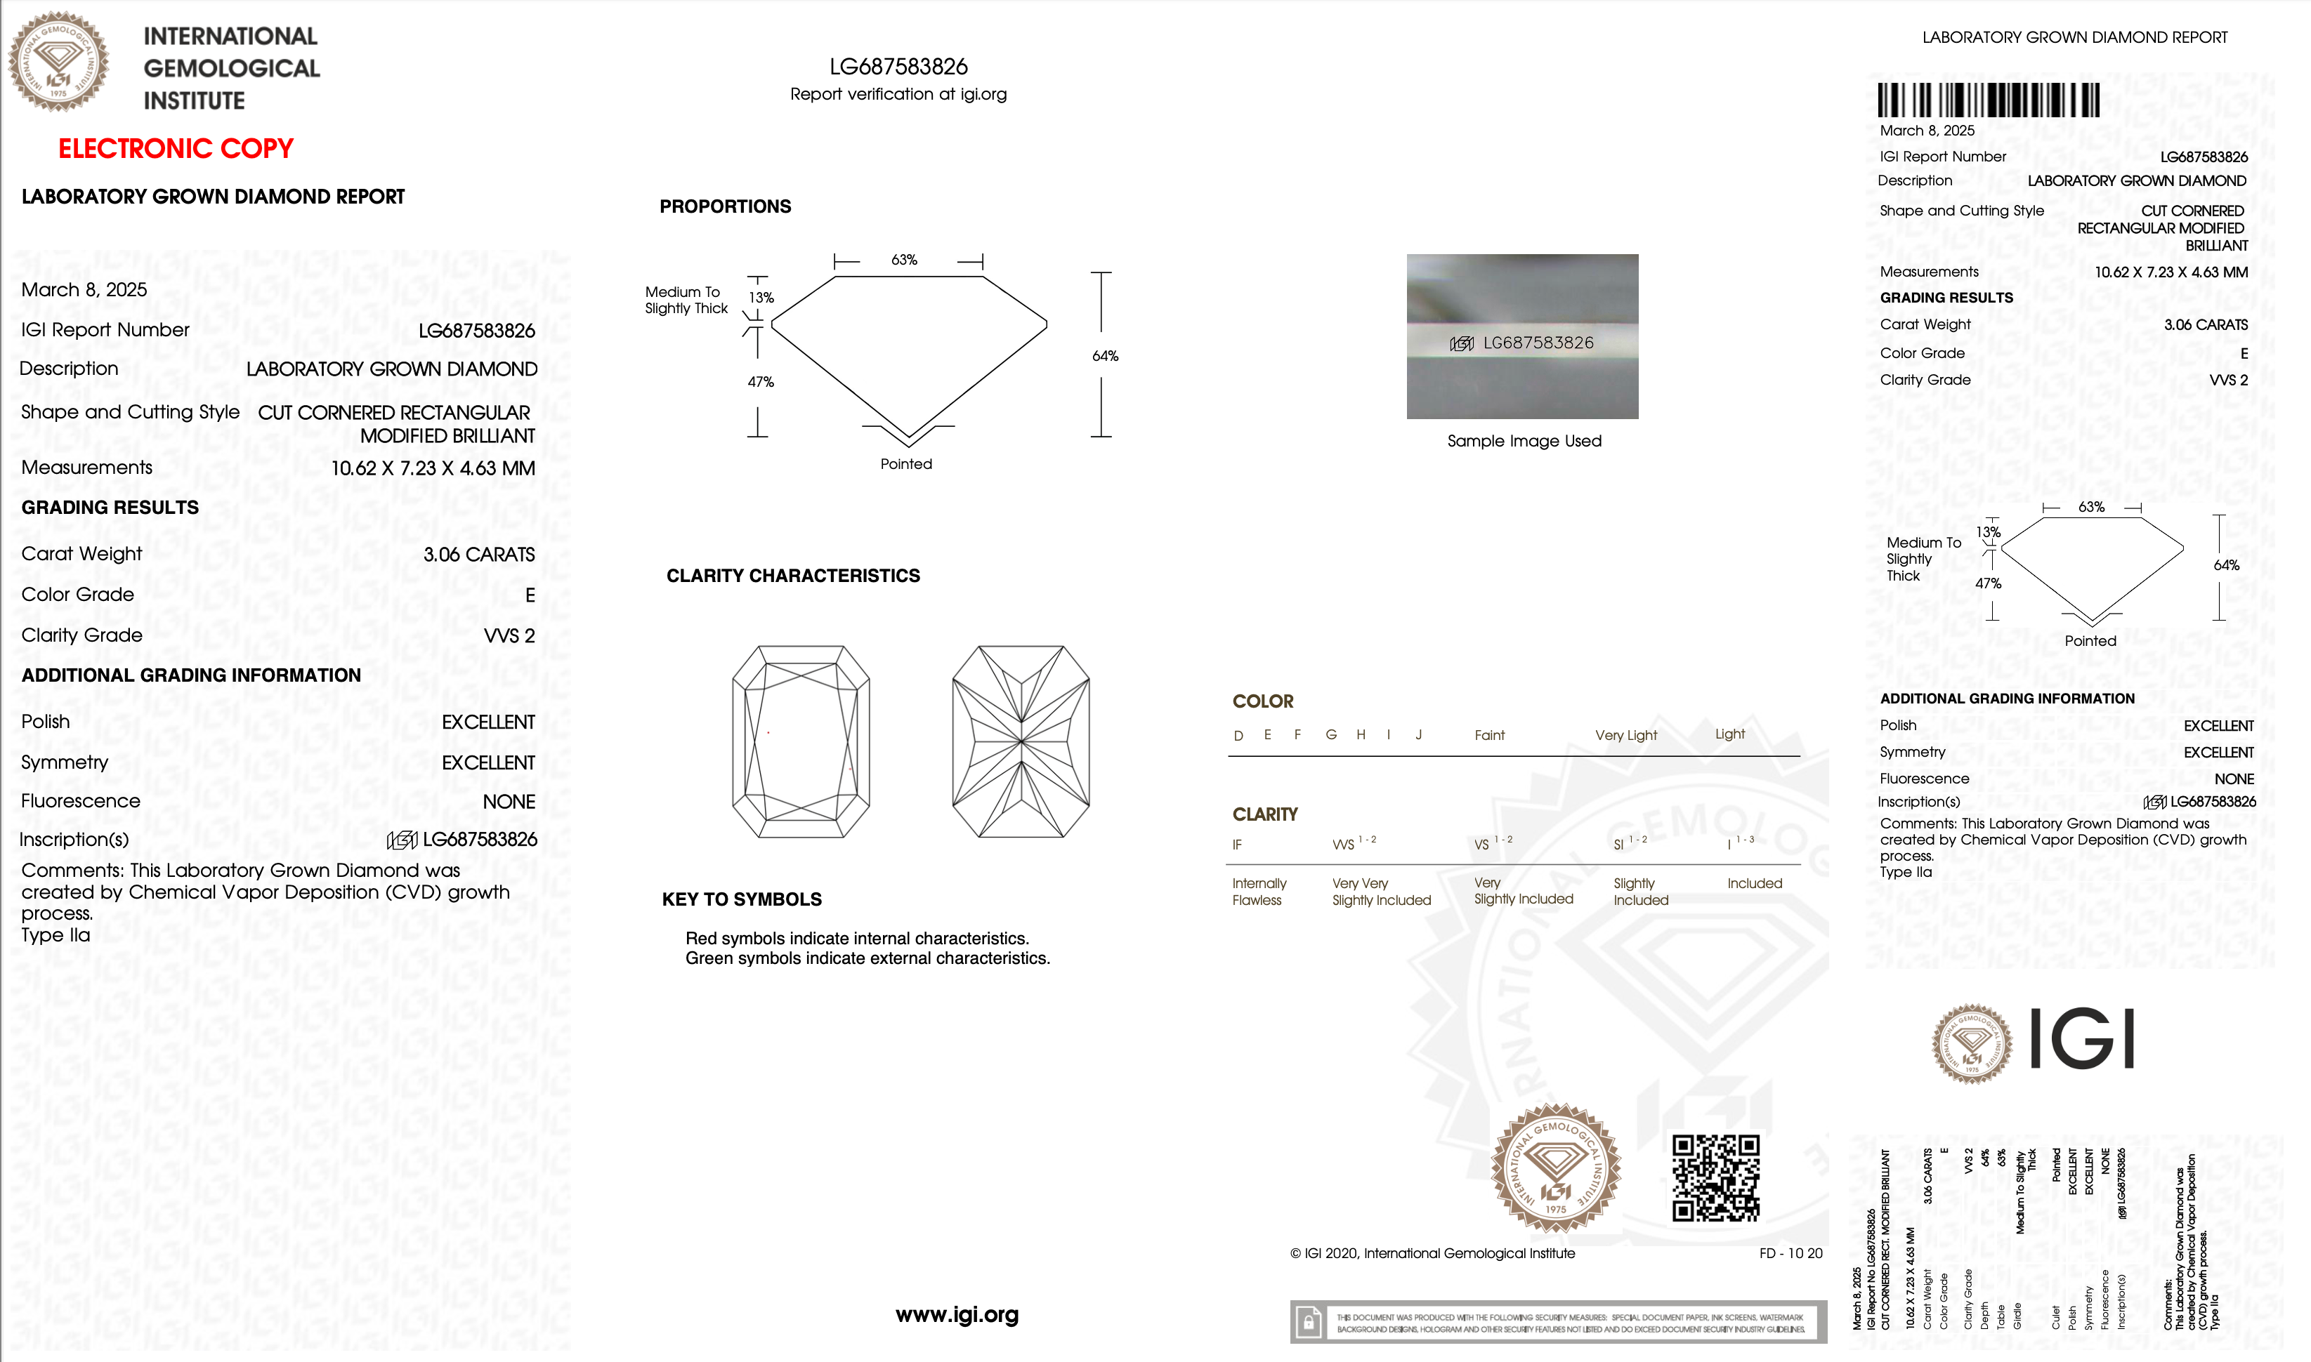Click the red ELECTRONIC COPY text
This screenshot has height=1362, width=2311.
click(176, 149)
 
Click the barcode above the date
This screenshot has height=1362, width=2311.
click(1988, 100)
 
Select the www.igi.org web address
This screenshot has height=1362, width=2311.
click(957, 1314)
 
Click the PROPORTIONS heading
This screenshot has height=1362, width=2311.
click(724, 206)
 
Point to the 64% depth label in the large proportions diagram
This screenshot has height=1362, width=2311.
click(1104, 356)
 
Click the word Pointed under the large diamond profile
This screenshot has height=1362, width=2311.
click(905, 464)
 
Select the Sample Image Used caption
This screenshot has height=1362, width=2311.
click(1523, 442)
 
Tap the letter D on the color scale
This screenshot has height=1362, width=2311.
click(1238, 735)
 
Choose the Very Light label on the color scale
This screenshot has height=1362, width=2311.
click(1625, 735)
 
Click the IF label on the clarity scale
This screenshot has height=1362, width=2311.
click(1237, 845)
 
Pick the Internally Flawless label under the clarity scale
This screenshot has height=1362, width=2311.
click(1259, 891)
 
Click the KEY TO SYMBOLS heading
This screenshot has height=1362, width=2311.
click(741, 899)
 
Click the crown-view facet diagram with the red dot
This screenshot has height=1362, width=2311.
click(801, 741)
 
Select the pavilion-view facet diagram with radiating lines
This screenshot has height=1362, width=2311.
click(1020, 741)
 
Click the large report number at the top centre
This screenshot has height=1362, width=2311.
click(898, 67)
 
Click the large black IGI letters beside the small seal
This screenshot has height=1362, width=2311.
click(2081, 1039)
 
